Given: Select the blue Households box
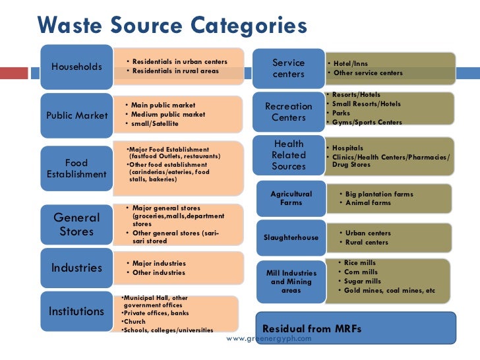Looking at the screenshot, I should [x=77, y=67].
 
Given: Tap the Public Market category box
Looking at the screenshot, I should [x=77, y=115].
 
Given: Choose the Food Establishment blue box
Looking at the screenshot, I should [x=76, y=169].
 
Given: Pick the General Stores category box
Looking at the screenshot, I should [x=76, y=224].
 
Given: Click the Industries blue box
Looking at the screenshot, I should [x=76, y=268].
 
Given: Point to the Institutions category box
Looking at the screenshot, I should [x=76, y=311].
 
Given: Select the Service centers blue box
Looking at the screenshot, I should [x=289, y=69].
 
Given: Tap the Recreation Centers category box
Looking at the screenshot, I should [x=289, y=111].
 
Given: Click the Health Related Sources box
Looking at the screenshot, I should [x=289, y=155].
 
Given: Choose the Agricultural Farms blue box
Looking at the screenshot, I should [x=291, y=198].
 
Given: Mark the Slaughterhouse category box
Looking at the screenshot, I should [x=291, y=237].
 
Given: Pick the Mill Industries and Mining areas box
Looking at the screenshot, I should [x=291, y=282].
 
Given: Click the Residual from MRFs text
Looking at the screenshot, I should [x=312, y=328].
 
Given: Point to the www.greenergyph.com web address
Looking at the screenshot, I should [x=268, y=338].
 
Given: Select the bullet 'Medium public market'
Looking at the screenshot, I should [x=168, y=114].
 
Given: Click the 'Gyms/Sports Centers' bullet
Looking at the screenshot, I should [x=367, y=122].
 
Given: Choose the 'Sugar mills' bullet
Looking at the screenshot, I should [x=362, y=281].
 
